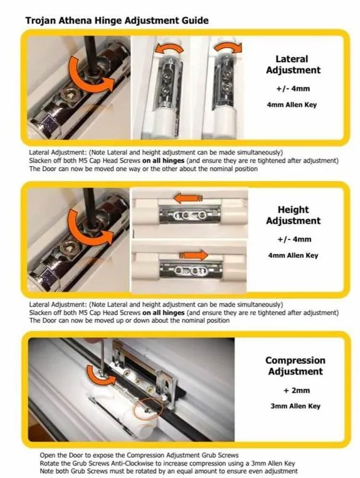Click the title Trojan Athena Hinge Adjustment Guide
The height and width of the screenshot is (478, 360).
tap(117, 21)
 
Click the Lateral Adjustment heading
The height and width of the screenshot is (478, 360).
tap(294, 65)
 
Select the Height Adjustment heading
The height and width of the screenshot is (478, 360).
tap(294, 215)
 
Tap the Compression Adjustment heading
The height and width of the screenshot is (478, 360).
tap(295, 366)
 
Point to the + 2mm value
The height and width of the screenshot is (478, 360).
tap(296, 390)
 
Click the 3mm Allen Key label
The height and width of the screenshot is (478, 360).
tap(295, 406)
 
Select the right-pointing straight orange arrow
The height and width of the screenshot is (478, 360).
tap(193, 255)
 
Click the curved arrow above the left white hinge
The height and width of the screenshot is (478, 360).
tap(168, 47)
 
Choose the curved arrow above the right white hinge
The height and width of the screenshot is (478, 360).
tap(228, 46)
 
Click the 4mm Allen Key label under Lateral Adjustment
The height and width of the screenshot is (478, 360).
tap(292, 105)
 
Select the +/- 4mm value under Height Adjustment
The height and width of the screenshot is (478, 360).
tap(294, 239)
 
